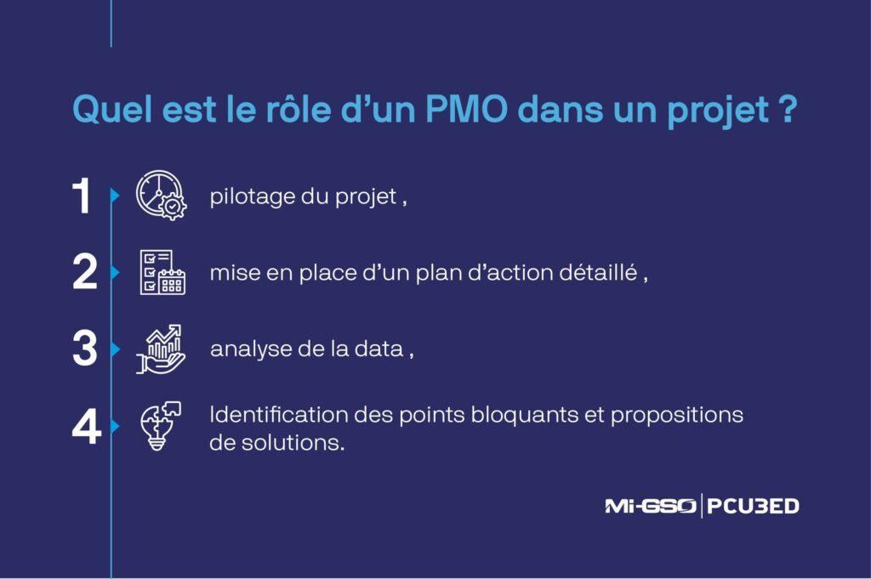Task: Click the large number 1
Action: tap(83, 197)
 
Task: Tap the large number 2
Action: tap(84, 274)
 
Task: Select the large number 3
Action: tap(84, 349)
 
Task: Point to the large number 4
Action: tap(86, 426)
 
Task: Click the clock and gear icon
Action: tap(160, 196)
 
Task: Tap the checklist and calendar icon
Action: tap(161, 272)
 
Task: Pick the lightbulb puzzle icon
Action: tap(159, 424)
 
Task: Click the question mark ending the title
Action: tap(787, 110)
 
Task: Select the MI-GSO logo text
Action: tap(650, 506)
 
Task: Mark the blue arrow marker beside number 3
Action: tap(116, 349)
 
